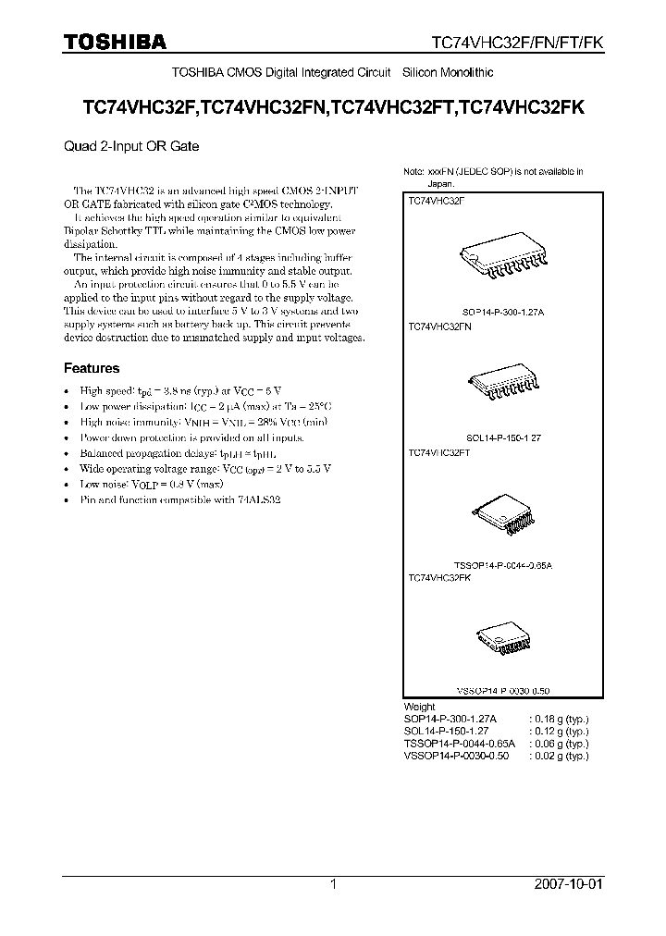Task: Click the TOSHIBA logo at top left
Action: (x=115, y=43)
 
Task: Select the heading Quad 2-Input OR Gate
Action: (x=130, y=146)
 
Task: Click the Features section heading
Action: (x=91, y=368)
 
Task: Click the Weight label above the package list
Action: (x=420, y=707)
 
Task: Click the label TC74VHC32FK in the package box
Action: (x=440, y=577)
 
